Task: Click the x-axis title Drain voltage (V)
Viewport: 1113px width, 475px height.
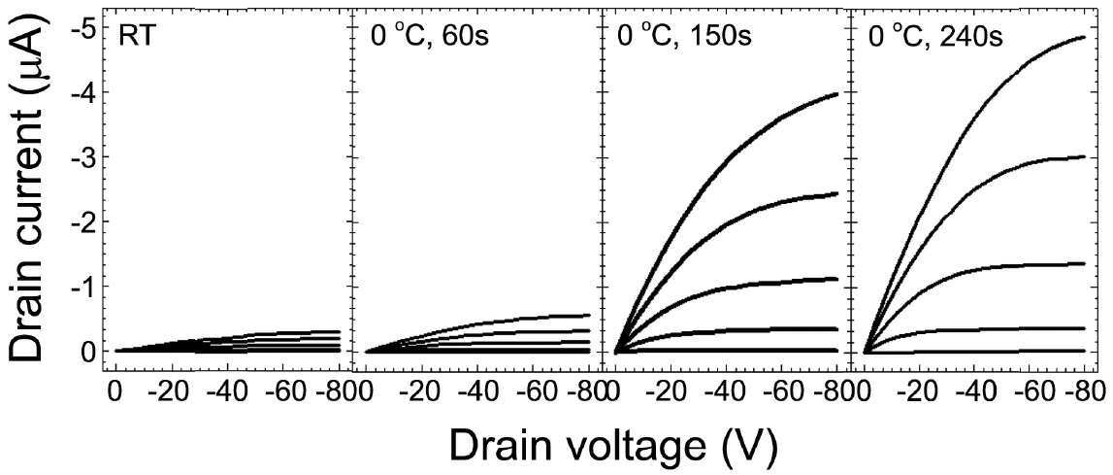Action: pyautogui.click(x=614, y=446)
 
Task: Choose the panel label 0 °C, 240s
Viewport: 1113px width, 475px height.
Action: pyautogui.click(x=935, y=36)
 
